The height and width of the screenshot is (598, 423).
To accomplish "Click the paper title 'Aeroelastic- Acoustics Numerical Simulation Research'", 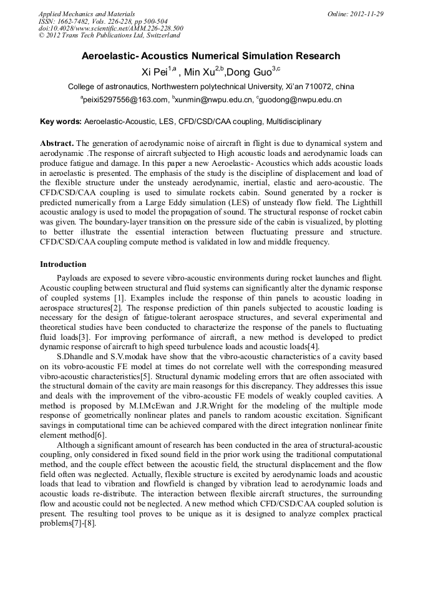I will (x=211, y=56).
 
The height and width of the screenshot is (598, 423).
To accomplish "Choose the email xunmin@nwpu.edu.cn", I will (x=214, y=100).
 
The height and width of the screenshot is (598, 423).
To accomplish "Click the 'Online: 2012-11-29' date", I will (x=355, y=14).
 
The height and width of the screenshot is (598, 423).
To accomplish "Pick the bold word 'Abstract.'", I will (x=57, y=143).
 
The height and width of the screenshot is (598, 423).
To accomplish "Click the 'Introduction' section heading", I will (x=63, y=265).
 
